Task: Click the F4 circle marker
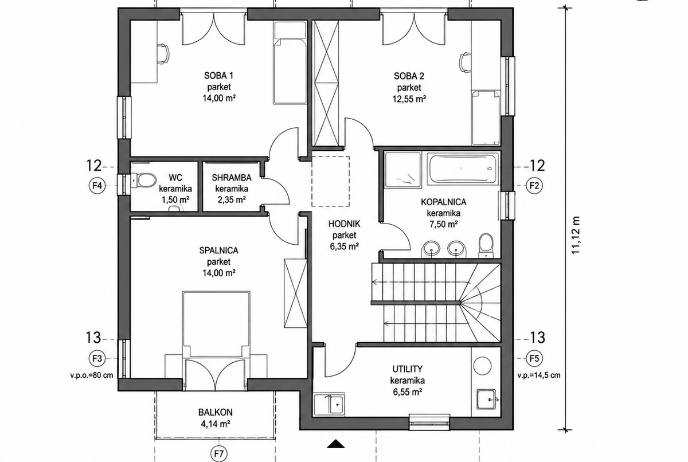point(97,186)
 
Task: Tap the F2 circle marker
point(534,186)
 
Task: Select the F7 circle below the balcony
point(218,454)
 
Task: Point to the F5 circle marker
point(534,358)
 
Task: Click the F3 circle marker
point(97,358)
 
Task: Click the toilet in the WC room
point(144,180)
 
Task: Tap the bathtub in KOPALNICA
point(462,169)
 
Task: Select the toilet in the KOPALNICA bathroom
point(486,245)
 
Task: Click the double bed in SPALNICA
point(216,324)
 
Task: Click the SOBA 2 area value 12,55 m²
point(409,99)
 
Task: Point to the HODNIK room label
point(345,224)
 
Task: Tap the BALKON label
point(216,412)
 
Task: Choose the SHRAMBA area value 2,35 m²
point(232,200)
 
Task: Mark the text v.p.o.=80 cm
point(92,375)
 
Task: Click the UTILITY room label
point(407,369)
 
